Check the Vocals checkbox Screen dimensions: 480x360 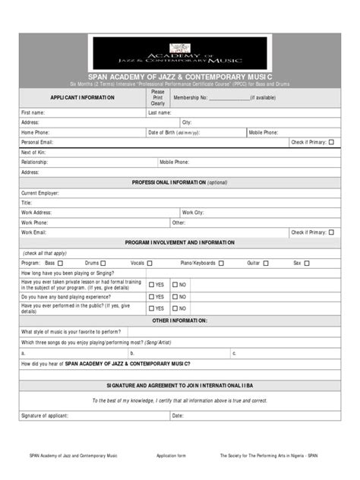click(150, 263)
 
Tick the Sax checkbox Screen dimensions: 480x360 click(308, 263)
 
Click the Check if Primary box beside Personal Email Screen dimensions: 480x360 click(331, 142)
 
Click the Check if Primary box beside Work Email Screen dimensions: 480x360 click(331, 232)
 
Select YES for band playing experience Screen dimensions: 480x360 click(150, 297)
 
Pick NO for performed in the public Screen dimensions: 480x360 click(175, 309)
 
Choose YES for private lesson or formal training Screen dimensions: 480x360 click(150, 285)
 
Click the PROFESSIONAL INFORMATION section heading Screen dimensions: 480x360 click(179, 183)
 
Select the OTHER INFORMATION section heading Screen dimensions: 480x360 click(179, 321)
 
